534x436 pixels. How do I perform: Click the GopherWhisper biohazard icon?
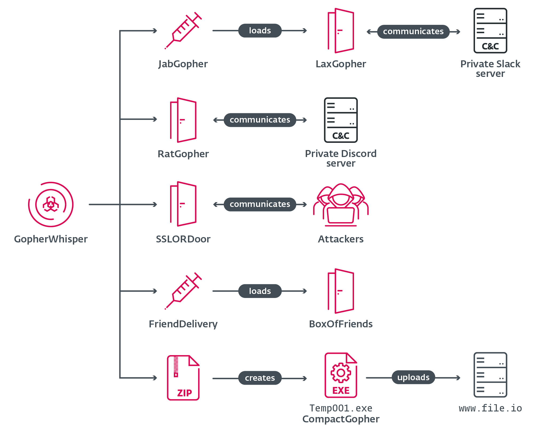pyautogui.click(x=51, y=205)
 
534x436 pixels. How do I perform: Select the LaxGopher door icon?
pyautogui.click(x=341, y=31)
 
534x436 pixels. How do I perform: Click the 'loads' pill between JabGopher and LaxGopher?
pyautogui.click(x=260, y=31)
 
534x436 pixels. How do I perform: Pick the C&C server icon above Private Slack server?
pyautogui.click(x=490, y=31)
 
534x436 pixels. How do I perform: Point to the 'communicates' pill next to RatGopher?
pyautogui.click(x=260, y=120)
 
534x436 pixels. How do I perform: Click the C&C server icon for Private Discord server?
pyautogui.click(x=341, y=120)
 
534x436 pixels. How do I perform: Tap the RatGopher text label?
pyautogui.click(x=183, y=154)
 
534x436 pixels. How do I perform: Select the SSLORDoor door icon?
pyautogui.click(x=183, y=204)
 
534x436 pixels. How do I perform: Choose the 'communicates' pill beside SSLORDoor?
pyautogui.click(x=260, y=204)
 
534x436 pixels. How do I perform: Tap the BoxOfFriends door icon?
pyautogui.click(x=341, y=291)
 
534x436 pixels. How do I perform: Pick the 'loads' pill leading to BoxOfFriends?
pyautogui.click(x=260, y=291)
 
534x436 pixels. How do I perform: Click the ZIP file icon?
pyautogui.click(x=183, y=378)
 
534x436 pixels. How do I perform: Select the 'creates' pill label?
pyautogui.click(x=260, y=378)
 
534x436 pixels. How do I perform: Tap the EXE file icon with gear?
pyautogui.click(x=341, y=375)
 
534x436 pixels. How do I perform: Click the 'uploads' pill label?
pyautogui.click(x=413, y=377)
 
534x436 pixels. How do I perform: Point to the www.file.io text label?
pyautogui.click(x=490, y=408)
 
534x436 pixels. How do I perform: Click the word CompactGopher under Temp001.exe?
pyautogui.click(x=341, y=419)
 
